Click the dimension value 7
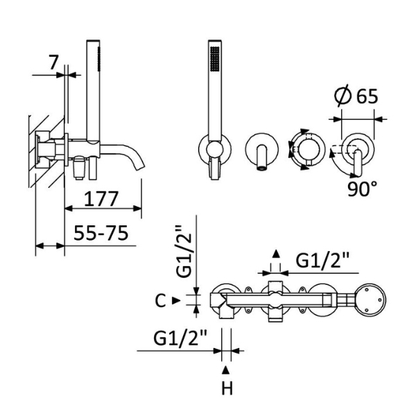click(x=53, y=62)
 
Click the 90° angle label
click(x=363, y=189)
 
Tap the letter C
click(x=159, y=300)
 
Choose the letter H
click(x=227, y=388)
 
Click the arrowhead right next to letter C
click(x=175, y=300)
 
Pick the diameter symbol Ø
click(x=341, y=96)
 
